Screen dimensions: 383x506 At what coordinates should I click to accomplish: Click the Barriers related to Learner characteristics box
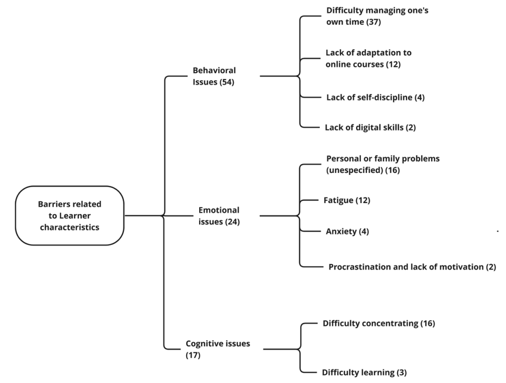pyautogui.click(x=70, y=216)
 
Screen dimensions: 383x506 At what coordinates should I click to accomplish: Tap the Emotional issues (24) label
pyautogui.click(x=219, y=216)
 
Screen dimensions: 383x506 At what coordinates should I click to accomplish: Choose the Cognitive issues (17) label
pyautogui.click(x=218, y=349)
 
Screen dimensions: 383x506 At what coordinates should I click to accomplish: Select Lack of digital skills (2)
pyautogui.click(x=370, y=127)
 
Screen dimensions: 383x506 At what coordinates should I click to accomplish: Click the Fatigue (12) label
pyautogui.click(x=346, y=200)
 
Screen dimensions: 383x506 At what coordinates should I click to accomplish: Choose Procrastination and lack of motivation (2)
pyautogui.click(x=412, y=267)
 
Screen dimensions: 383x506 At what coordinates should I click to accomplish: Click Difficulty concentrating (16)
pyautogui.click(x=378, y=323)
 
